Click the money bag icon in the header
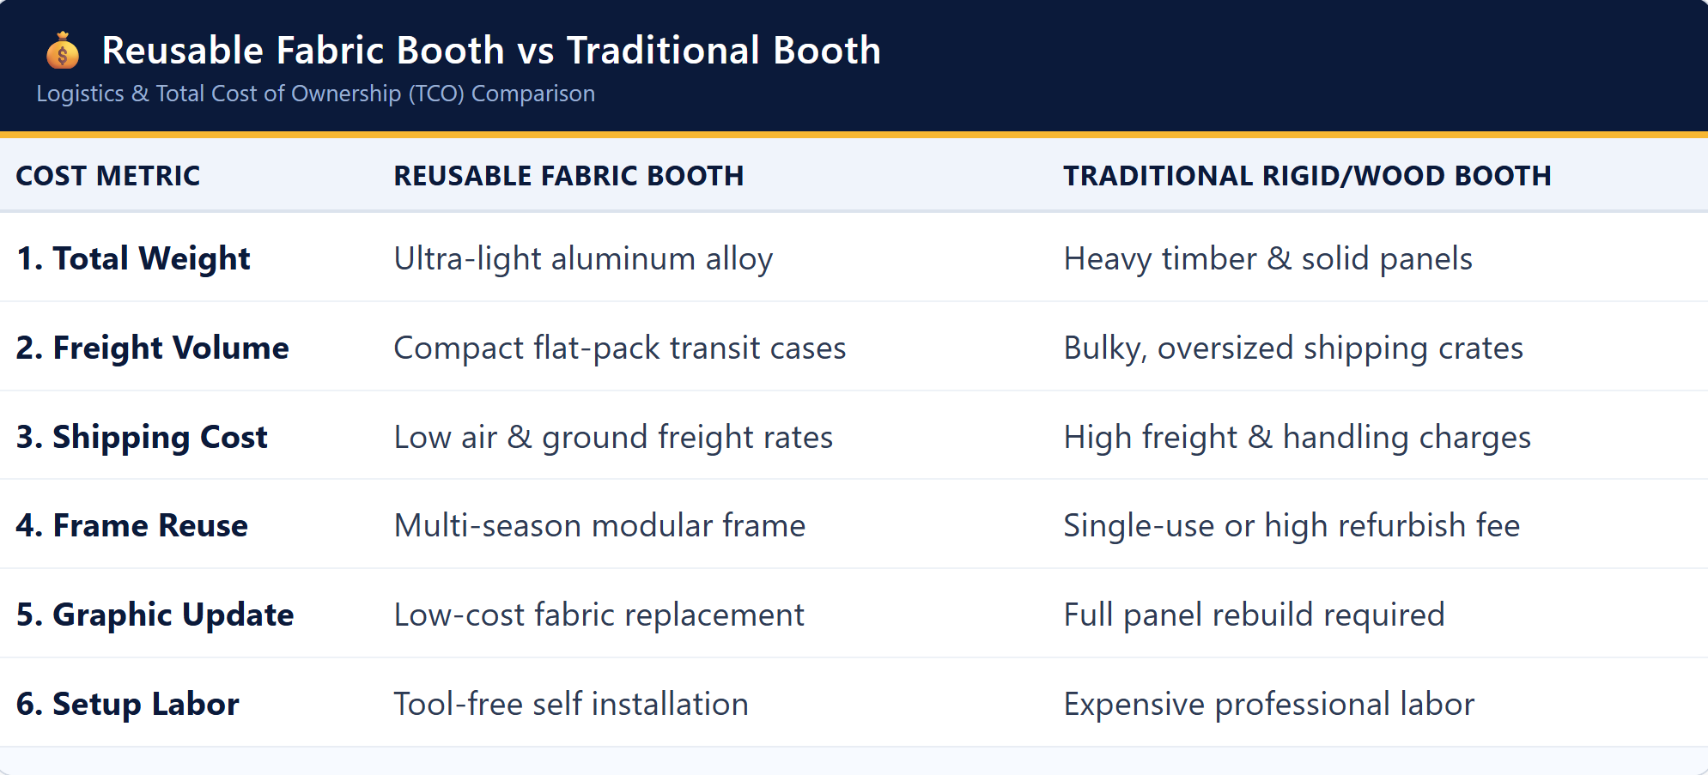[63, 51]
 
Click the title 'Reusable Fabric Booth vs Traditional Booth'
[491, 51]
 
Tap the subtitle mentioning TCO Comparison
[315, 94]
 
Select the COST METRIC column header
[108, 176]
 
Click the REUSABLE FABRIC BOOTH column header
[568, 176]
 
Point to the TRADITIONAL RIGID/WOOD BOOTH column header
[1307, 176]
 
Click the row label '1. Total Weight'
[133, 258]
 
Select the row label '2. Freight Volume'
[153, 348]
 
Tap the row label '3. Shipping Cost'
[142, 437]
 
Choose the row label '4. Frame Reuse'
[132, 525]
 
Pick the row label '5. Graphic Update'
[155, 615]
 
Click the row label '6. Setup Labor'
[128, 704]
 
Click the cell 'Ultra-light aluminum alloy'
[583, 258]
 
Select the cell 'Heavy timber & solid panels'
[1268, 258]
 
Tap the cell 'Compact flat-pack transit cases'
[620, 348]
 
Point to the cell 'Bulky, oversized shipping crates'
[1293, 348]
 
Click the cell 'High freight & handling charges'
[1298, 437]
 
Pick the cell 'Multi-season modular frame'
[599, 525]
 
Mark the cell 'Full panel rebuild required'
[1255, 615]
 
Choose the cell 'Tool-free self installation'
[571, 704]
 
